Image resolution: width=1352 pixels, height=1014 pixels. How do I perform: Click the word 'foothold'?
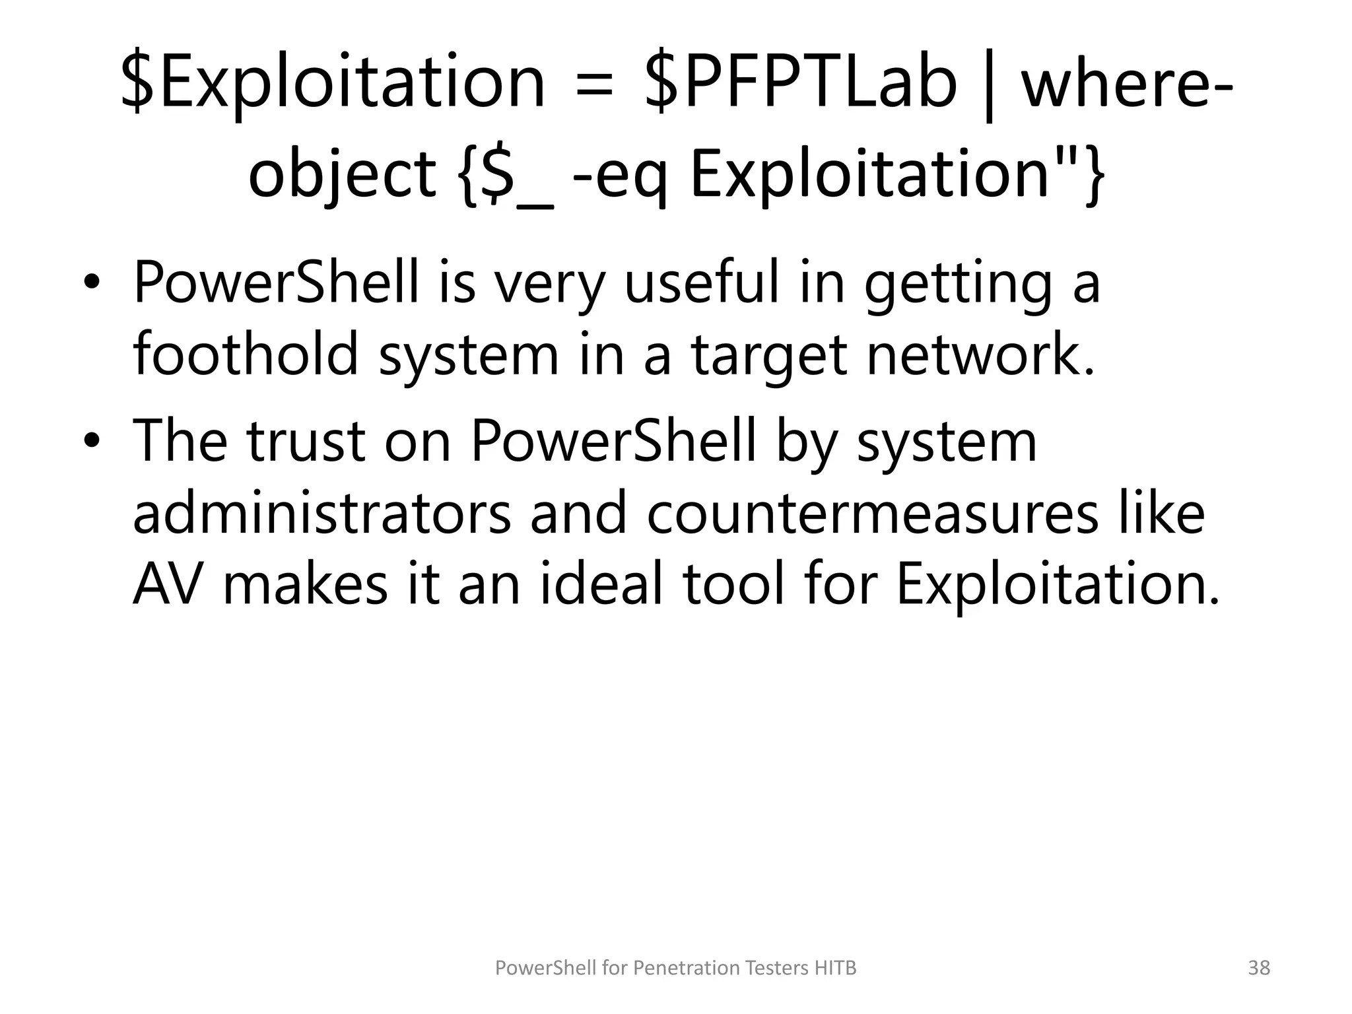(x=246, y=354)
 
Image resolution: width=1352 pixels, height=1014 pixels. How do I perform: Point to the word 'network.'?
(x=981, y=354)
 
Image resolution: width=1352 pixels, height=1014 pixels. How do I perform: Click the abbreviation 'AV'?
(x=166, y=585)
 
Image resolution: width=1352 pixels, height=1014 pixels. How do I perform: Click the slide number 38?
(x=1259, y=968)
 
